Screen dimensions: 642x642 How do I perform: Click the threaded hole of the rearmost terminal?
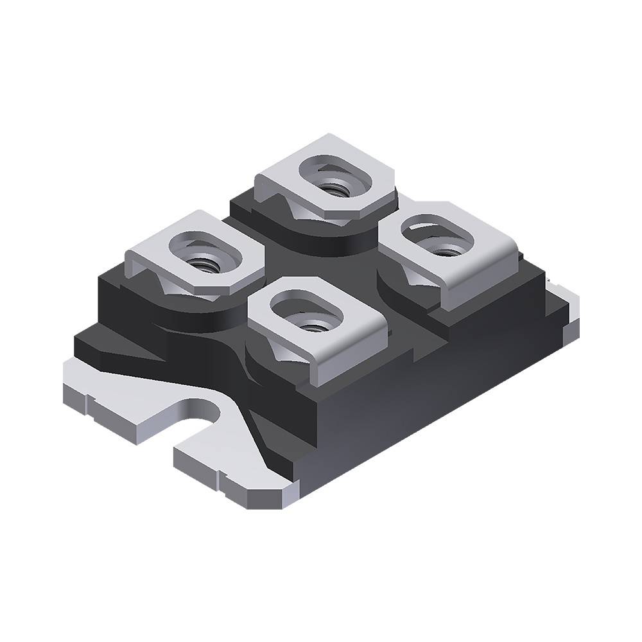(334, 189)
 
